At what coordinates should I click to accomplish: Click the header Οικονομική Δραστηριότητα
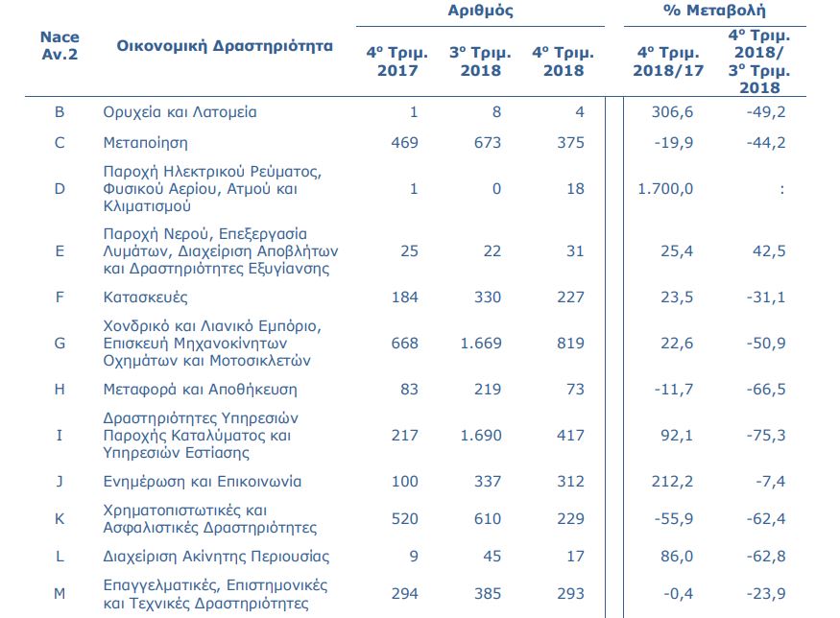tap(225, 46)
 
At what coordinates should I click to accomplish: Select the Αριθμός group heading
tap(480, 12)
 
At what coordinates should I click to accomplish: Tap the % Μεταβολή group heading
tap(714, 12)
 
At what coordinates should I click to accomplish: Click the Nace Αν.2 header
tap(60, 45)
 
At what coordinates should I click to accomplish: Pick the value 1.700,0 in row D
tap(665, 189)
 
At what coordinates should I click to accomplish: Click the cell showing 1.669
tap(480, 343)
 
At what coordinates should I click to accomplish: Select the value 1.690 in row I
tap(480, 435)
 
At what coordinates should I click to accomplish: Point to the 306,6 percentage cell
tap(672, 112)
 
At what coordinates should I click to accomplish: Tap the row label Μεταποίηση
tap(145, 143)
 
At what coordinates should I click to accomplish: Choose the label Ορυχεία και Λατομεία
tap(180, 112)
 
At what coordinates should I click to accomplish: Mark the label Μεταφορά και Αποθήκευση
tap(200, 390)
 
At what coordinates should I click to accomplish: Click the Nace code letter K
tap(60, 519)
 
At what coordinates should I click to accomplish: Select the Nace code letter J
tap(60, 481)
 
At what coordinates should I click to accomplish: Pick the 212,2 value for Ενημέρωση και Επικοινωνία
tap(672, 481)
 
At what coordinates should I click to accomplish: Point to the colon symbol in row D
tap(782, 189)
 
